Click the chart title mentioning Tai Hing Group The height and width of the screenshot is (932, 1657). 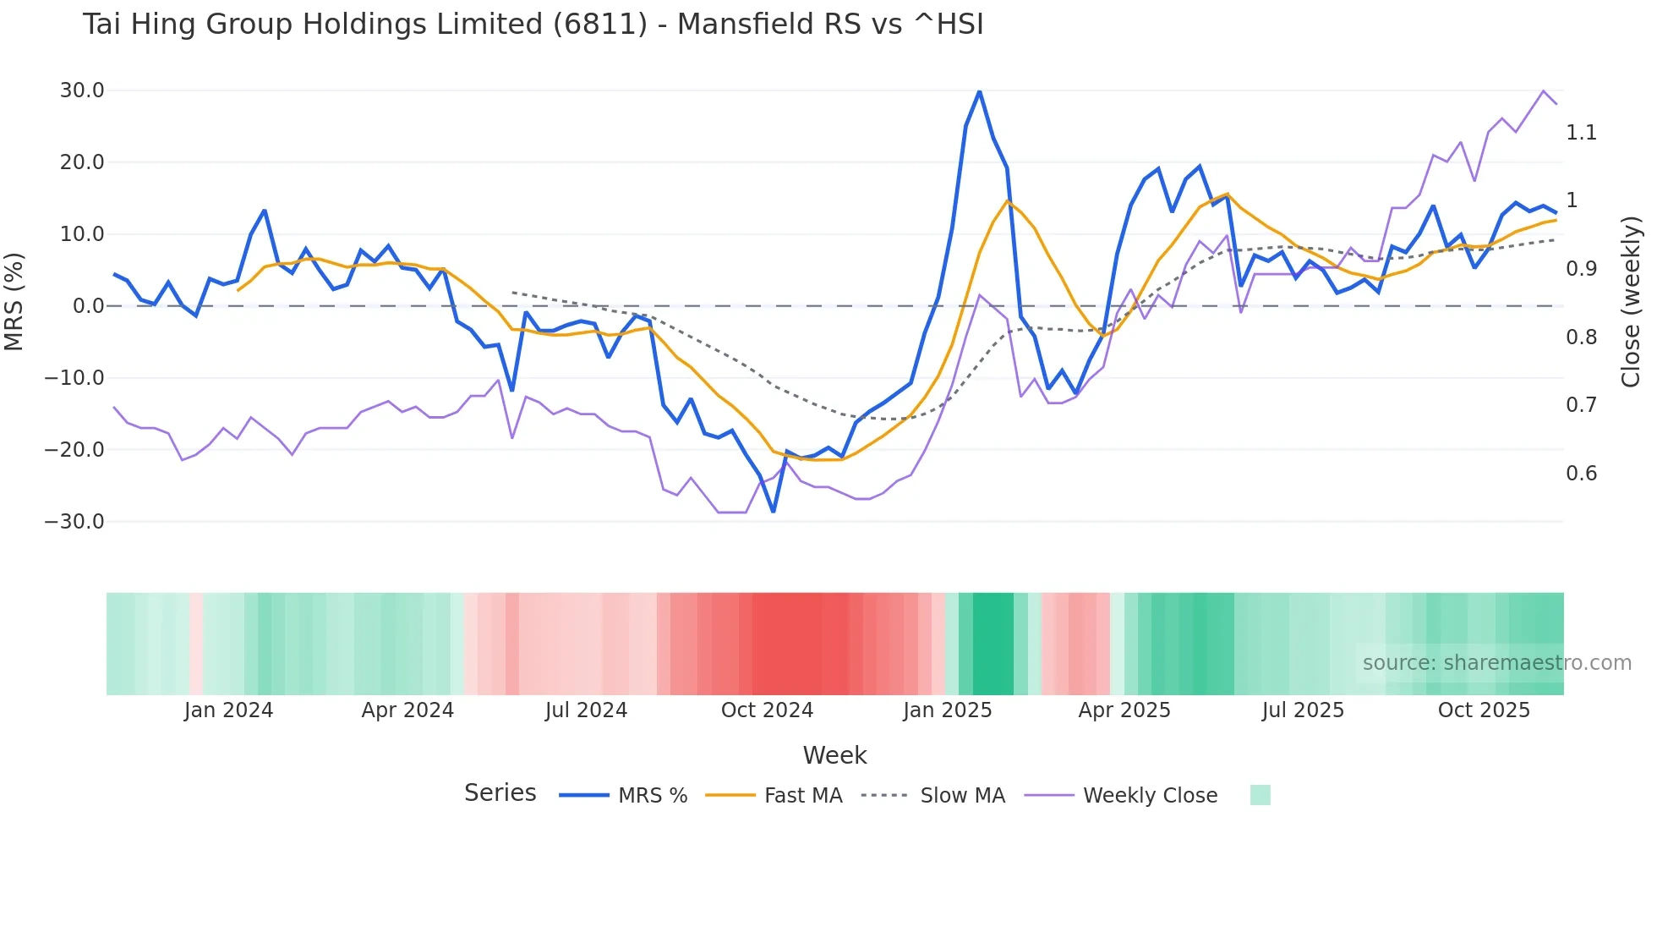(533, 25)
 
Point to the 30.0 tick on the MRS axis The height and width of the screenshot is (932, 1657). (82, 90)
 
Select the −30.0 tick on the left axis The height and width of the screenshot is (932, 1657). (74, 522)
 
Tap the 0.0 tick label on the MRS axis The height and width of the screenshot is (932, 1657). (88, 306)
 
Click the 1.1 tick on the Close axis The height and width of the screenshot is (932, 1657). (1581, 133)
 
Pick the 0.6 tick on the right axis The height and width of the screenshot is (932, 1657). (1581, 474)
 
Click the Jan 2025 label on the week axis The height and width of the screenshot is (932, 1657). (947, 710)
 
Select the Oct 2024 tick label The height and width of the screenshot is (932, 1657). (767, 710)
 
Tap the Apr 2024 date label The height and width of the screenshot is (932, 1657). (407, 710)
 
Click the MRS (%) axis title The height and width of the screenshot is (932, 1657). (14, 301)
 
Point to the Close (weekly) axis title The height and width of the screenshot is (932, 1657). (1631, 301)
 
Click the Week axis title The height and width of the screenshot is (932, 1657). (834, 755)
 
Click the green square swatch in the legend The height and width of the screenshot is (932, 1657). (1260, 795)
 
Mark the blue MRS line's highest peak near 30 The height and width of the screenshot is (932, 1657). (979, 91)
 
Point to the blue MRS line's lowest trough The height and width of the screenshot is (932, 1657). (773, 511)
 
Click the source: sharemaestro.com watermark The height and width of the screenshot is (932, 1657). (1496, 663)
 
